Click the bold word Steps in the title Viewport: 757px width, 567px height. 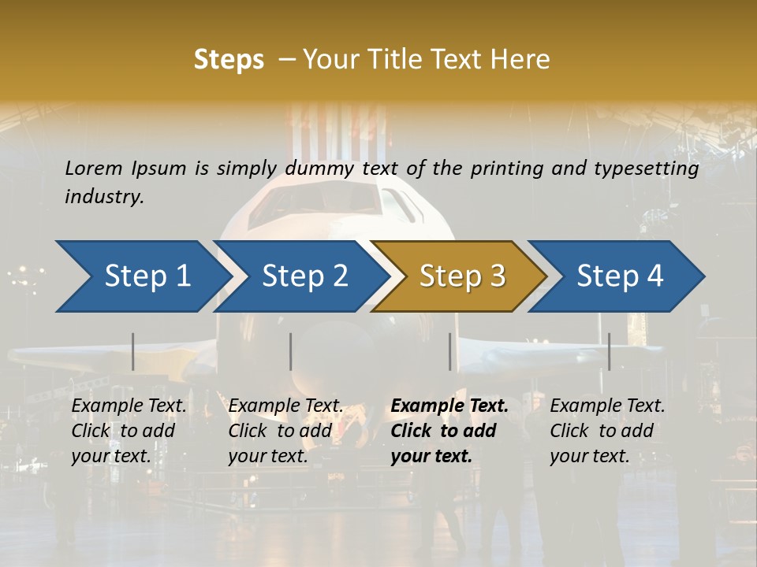(x=229, y=59)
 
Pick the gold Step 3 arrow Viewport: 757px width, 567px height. (x=462, y=276)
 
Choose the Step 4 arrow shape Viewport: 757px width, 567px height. (x=620, y=276)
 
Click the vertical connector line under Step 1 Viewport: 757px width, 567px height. (x=133, y=351)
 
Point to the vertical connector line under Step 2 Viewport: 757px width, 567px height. (x=291, y=351)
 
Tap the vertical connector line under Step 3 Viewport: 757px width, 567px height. (x=450, y=351)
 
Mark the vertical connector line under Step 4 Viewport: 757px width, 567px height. (x=609, y=351)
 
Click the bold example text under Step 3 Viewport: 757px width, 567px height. (x=449, y=431)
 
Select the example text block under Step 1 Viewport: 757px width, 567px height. (x=129, y=431)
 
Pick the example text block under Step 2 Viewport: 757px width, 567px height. (x=285, y=431)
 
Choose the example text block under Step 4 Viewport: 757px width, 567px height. (x=607, y=431)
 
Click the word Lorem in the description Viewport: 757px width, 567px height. (x=94, y=169)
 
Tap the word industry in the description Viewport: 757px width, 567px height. (x=103, y=197)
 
